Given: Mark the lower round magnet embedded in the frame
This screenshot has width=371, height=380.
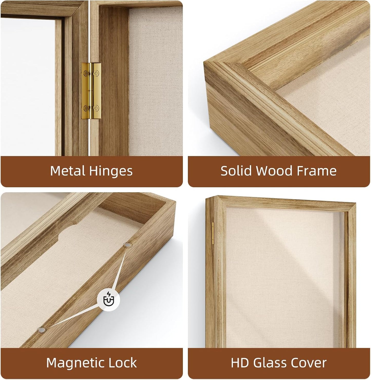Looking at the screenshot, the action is click(42, 330).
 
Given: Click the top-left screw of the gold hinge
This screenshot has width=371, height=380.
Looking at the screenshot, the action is click(86, 74).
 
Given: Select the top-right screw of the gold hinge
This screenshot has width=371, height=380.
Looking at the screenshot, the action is click(97, 74).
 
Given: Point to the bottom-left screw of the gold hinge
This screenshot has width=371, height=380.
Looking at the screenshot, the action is click(86, 108).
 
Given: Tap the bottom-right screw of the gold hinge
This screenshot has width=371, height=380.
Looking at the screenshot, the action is click(97, 108).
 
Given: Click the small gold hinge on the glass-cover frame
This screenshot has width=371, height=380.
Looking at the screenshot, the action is click(213, 233).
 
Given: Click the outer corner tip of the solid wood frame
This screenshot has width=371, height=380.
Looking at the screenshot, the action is click(204, 62).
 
